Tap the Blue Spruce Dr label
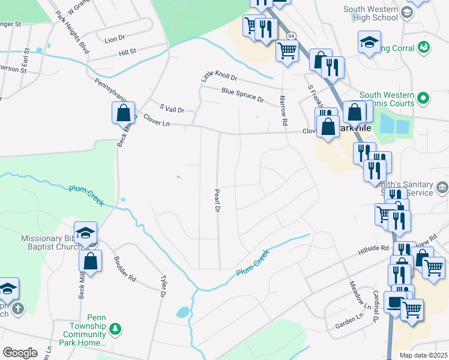tap(243, 94)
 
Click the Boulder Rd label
tap(125, 269)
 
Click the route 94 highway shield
tap(291, 36)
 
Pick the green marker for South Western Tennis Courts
tap(424, 97)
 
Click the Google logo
tap(20, 353)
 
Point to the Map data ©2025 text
tap(424, 355)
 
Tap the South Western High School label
tap(371, 13)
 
